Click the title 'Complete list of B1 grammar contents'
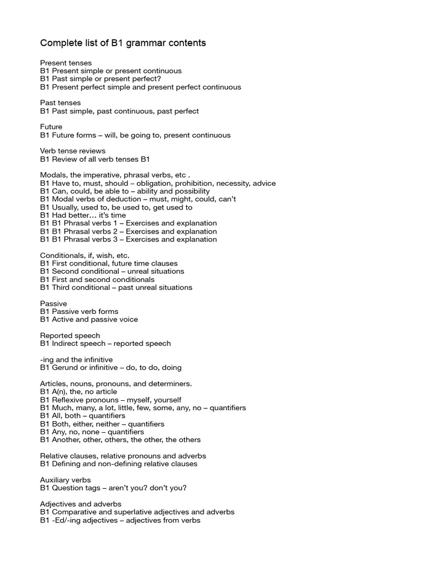(x=123, y=43)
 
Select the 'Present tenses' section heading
(x=66, y=63)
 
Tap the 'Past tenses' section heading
(x=60, y=103)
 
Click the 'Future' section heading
(x=51, y=127)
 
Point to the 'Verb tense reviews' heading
(x=73, y=151)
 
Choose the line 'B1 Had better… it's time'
(x=83, y=215)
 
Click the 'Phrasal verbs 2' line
(x=129, y=231)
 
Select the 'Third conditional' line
(x=116, y=287)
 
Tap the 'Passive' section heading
(x=53, y=303)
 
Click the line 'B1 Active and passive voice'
(x=89, y=319)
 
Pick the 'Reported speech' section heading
(x=70, y=335)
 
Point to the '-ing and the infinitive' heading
(x=76, y=360)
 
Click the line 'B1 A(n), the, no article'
(x=79, y=391)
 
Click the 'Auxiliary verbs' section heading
(x=65, y=480)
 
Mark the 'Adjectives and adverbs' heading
(x=81, y=504)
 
